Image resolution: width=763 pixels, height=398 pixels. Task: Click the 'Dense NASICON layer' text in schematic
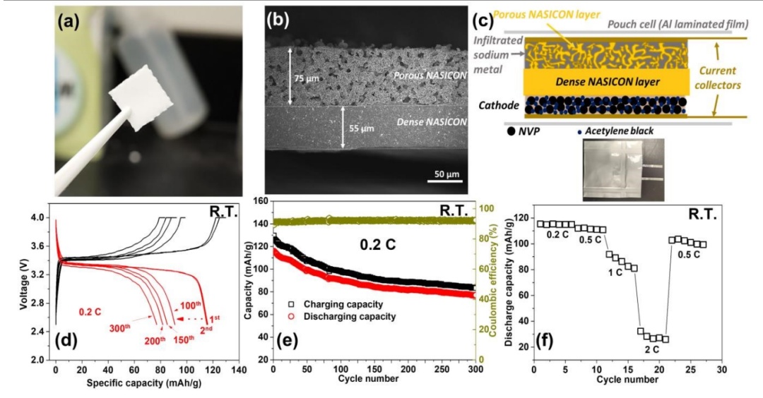605,83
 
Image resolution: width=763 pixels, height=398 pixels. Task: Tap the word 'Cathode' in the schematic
497,106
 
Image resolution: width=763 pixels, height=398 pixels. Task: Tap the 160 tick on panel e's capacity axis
261,201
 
